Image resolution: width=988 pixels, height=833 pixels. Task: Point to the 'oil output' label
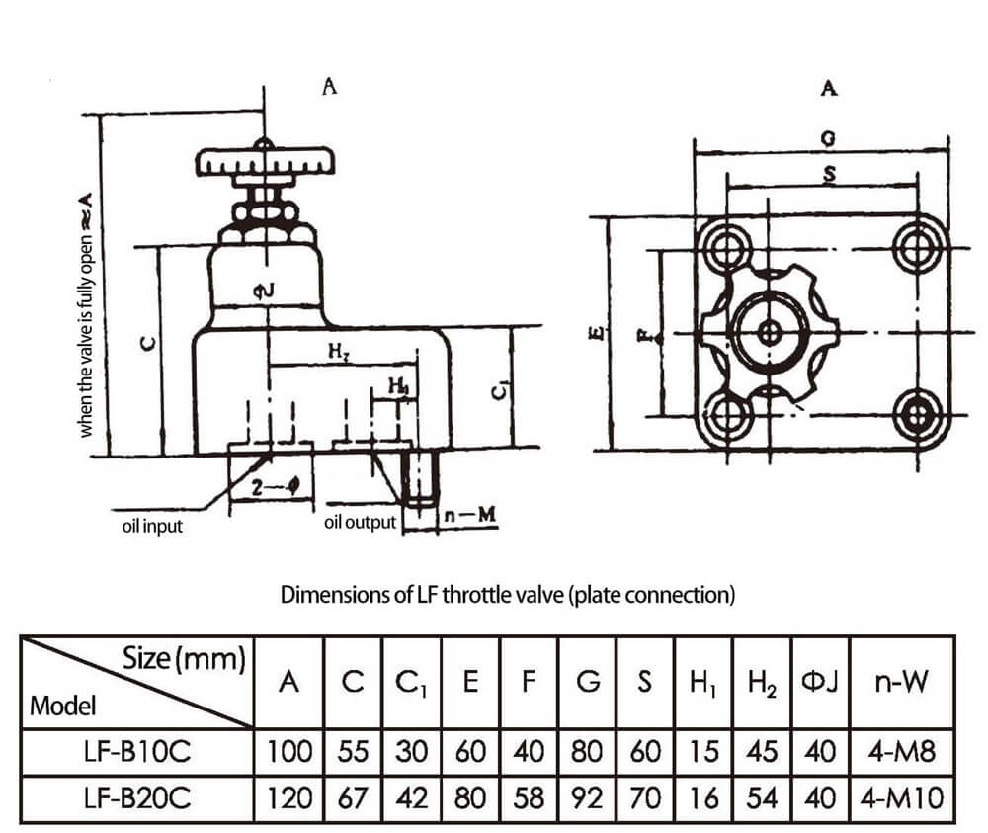click(x=360, y=522)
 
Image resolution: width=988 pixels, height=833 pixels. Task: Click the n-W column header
click(x=902, y=682)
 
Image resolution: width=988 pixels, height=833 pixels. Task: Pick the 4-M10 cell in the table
click(x=902, y=796)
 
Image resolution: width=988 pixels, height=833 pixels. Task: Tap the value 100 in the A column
click(x=288, y=753)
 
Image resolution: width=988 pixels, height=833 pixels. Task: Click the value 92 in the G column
click(x=587, y=796)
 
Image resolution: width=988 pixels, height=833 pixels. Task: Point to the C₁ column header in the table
click(x=412, y=682)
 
